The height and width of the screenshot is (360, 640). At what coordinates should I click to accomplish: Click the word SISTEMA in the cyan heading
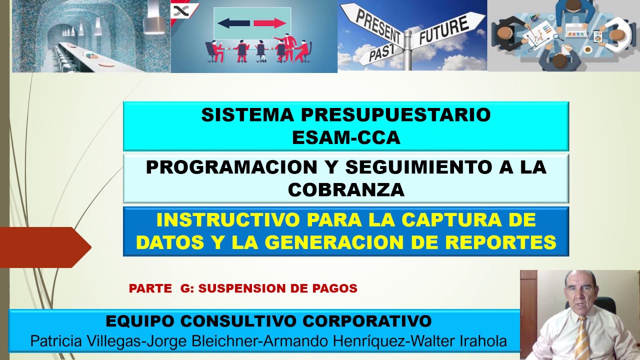(247, 115)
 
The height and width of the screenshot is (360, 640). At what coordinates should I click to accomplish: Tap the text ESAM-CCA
(346, 137)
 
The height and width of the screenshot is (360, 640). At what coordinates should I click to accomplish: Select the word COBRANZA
(346, 189)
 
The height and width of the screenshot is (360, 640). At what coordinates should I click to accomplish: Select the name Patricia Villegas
(85, 341)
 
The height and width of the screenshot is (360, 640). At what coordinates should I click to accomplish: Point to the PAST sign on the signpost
(381, 53)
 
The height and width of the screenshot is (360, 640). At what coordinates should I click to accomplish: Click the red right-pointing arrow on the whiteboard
(269, 23)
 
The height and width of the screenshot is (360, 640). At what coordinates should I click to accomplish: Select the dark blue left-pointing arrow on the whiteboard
(233, 23)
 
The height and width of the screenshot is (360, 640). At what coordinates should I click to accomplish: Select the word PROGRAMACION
(231, 167)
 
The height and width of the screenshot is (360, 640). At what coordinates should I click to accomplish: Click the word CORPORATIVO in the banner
(367, 321)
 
